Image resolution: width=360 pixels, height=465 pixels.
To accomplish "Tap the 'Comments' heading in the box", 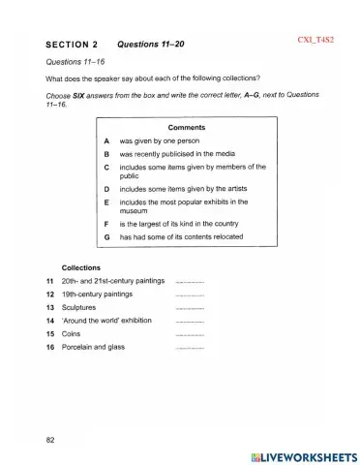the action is [x=186, y=128].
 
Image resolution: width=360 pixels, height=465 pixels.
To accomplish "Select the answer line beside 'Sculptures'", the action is [x=191, y=307].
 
